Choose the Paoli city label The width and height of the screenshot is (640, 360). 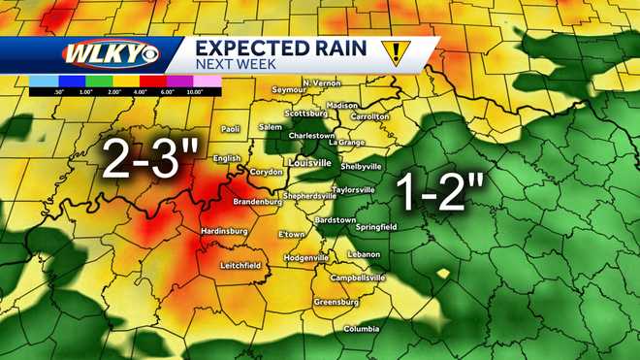230,128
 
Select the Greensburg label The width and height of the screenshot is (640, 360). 336,302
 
